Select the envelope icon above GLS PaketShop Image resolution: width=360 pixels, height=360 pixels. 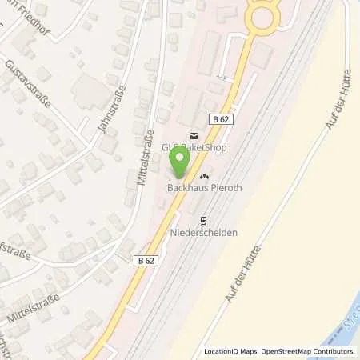click(192, 135)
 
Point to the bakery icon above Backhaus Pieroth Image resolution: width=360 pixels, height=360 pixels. click(204, 176)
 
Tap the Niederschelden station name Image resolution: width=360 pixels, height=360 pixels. click(204, 234)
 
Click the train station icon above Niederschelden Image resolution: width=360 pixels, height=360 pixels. click(204, 221)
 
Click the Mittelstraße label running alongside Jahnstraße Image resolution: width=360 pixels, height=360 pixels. click(145, 155)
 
